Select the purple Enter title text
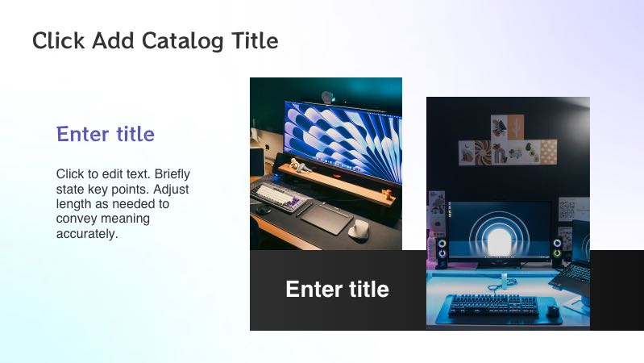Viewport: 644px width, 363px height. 106,134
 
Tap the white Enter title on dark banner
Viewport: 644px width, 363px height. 337,290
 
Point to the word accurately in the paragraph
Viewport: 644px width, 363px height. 87,234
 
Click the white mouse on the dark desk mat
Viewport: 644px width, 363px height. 359,229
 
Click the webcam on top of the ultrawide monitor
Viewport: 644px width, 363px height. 326,97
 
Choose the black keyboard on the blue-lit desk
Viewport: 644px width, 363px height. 492,306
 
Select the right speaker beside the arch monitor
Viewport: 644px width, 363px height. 557,252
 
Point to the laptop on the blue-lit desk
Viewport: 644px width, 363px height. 575,270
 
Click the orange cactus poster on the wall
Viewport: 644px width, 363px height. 509,127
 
